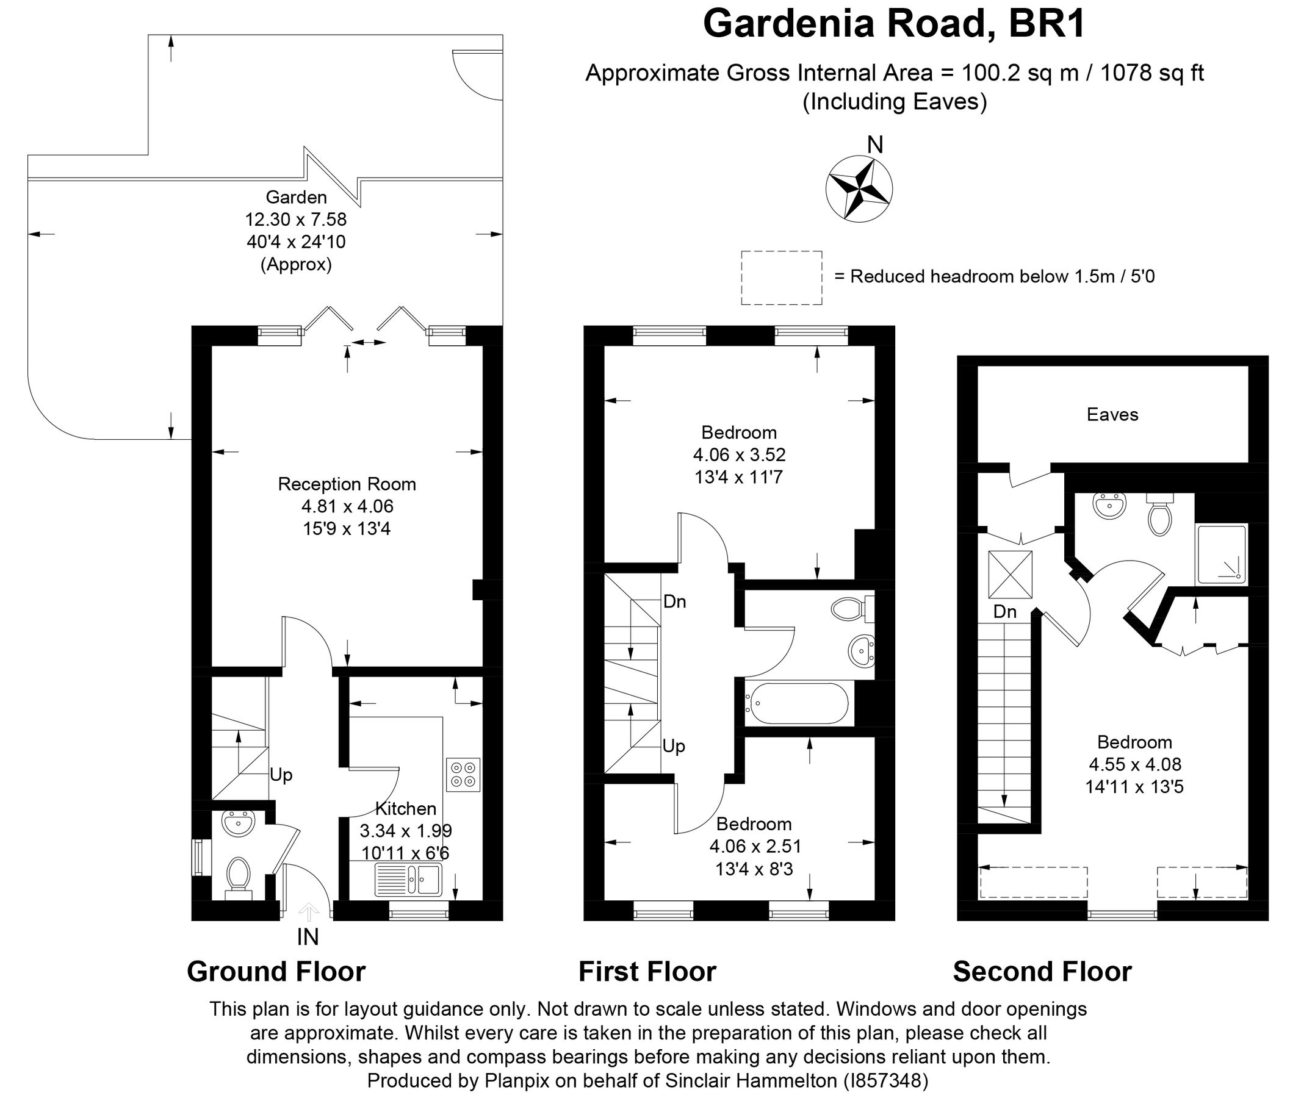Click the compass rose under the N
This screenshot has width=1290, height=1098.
[x=859, y=188]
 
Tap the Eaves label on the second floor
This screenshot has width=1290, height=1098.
[x=1112, y=415]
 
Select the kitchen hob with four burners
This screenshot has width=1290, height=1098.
[x=463, y=774]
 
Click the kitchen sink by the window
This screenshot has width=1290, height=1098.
[x=408, y=880]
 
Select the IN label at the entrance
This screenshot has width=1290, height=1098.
[x=308, y=937]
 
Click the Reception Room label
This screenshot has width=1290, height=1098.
[x=347, y=484]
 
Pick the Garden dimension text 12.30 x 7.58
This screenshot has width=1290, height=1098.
[x=296, y=220]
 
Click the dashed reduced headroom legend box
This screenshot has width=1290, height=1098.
[x=780, y=278]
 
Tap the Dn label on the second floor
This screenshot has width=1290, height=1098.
[x=1005, y=612]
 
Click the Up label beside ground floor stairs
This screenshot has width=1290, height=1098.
[x=281, y=775]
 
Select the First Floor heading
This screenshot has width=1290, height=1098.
[x=647, y=972]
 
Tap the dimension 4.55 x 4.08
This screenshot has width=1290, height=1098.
[x=1134, y=764]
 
